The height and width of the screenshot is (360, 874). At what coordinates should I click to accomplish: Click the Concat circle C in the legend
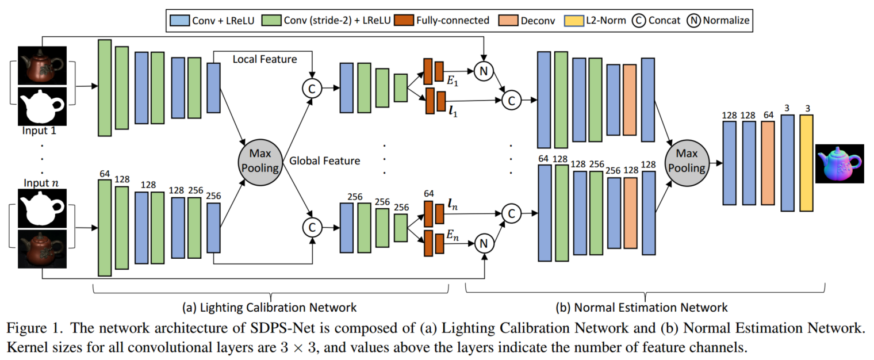coord(639,21)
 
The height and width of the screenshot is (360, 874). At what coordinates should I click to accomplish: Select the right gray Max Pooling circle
coord(689,161)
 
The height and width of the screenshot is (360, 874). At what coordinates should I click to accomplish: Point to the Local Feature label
coord(264,59)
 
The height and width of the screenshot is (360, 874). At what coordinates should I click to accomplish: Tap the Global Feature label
coord(325,161)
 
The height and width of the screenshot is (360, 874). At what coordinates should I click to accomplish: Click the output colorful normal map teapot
coord(840,163)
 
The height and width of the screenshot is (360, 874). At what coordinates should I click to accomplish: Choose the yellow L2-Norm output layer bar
coord(806,163)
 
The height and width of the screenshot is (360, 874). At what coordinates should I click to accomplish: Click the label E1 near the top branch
coord(455,82)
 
